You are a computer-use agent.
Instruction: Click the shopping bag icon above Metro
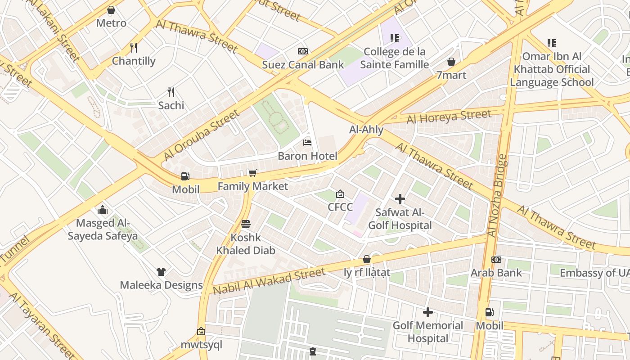point(111,10)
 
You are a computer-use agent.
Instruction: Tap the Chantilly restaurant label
point(134,61)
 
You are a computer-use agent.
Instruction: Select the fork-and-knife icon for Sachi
point(171,92)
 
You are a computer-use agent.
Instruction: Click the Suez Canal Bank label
point(303,65)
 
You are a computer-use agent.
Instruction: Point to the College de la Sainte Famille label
point(394,58)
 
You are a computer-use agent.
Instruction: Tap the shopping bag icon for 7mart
point(451,62)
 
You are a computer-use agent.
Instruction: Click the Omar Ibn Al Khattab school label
point(552,69)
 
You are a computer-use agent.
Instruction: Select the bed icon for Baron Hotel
point(307,143)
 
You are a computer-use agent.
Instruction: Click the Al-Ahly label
point(366,130)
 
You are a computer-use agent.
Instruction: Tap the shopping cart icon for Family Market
point(253,173)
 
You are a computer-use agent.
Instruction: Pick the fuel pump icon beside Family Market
point(185,176)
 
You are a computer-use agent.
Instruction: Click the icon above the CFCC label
point(340,194)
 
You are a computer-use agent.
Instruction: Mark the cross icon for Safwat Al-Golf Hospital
point(400,199)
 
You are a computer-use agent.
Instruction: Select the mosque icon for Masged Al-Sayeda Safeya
point(103,210)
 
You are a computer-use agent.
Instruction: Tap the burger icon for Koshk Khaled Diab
point(246,224)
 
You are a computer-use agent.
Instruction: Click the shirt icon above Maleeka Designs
point(161,272)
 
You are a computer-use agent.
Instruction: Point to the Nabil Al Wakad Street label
point(269,281)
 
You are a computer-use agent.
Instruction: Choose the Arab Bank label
point(496,273)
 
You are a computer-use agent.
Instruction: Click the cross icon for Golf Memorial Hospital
point(428,312)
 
